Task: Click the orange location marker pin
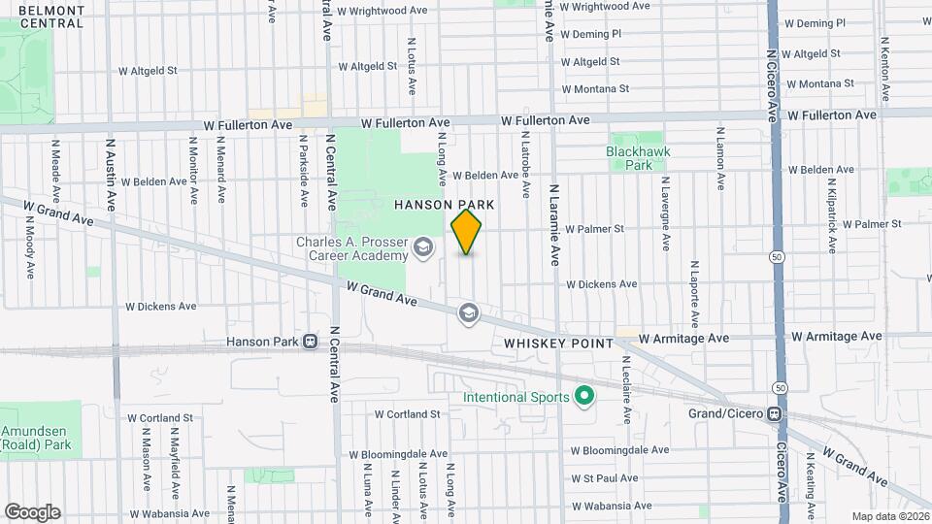[x=467, y=232]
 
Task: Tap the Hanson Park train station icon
[x=310, y=342]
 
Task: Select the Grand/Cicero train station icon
[x=775, y=414]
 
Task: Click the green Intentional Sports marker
[x=584, y=397]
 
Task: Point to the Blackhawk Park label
[x=638, y=158]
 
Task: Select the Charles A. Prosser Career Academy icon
[x=422, y=248]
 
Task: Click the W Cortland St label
[x=408, y=414]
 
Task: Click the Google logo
[x=32, y=511]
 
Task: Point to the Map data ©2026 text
[x=889, y=516]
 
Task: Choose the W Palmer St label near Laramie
[x=593, y=230]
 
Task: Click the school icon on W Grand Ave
[x=469, y=312]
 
